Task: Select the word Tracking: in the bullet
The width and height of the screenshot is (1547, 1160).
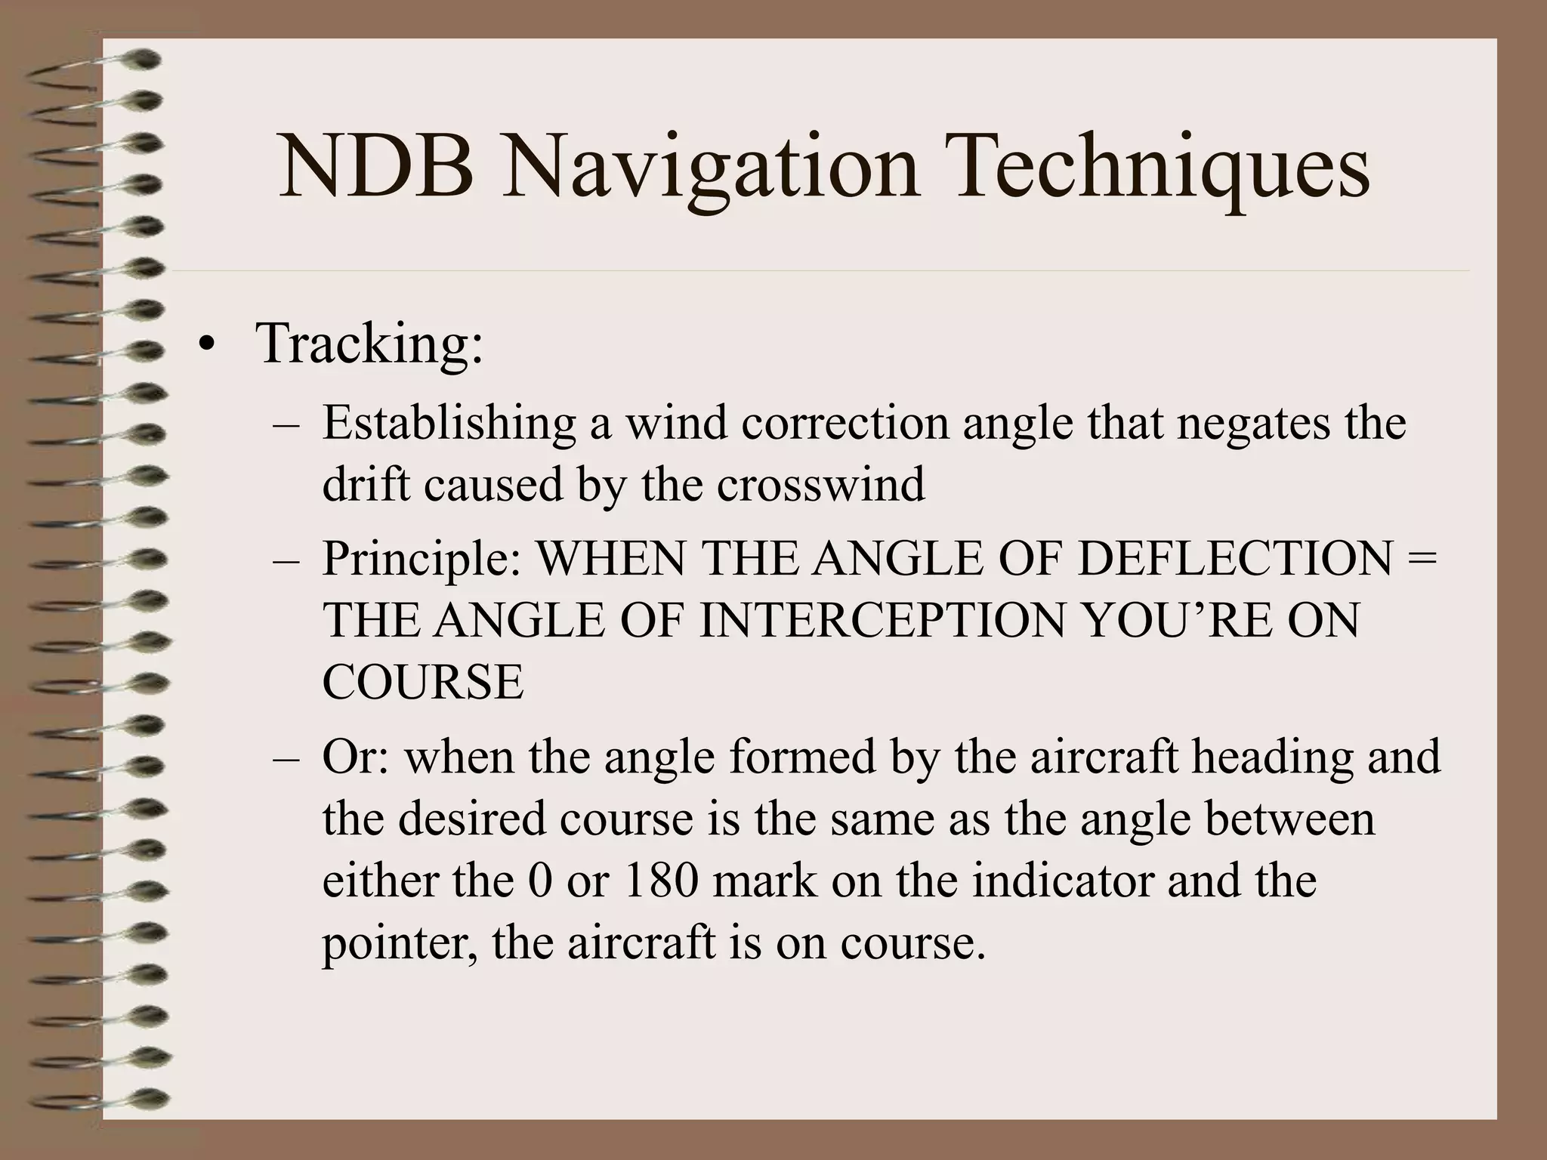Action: click(369, 344)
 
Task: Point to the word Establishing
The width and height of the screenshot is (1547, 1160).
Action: click(449, 423)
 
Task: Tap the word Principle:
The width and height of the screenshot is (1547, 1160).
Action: click(421, 561)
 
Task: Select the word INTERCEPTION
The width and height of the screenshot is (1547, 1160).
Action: click(884, 621)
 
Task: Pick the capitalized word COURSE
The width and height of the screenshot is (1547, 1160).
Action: click(422, 682)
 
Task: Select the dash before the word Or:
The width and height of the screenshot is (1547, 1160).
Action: click(286, 757)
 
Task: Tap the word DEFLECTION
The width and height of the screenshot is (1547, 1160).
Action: click(1234, 560)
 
